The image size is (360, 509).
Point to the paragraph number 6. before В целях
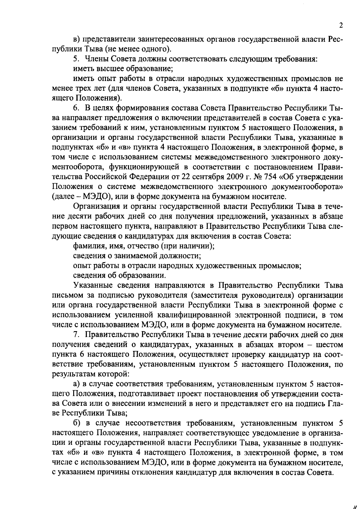click(x=77, y=108)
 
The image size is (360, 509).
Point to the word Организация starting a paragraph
click(x=97, y=207)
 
